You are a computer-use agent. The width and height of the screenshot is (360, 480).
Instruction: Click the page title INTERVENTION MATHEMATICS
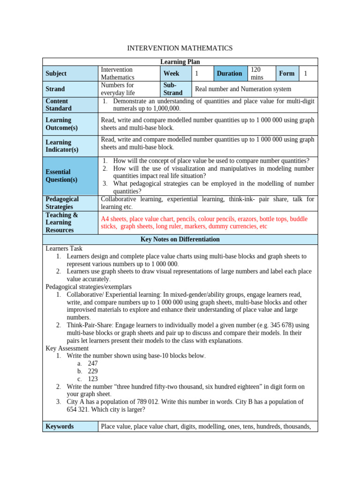pos(180,48)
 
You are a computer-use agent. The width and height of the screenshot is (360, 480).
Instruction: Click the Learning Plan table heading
pos(180,62)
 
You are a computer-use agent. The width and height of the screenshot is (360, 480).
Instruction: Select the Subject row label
pos(56,74)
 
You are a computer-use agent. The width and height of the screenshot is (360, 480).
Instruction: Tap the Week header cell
pos(172,74)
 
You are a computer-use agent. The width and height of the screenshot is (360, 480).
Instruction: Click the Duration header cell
pos(229,74)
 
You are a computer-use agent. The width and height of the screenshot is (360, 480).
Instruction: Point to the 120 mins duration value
pos(257,74)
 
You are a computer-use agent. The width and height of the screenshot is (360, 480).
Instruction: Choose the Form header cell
pos(286,74)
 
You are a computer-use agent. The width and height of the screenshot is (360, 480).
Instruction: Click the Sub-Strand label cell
pos(173,89)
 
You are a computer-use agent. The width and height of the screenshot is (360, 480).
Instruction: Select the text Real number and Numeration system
pos(243,89)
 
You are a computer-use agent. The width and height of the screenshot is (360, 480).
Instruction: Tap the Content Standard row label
pos(57,105)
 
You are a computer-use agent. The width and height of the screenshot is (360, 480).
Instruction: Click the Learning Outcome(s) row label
pos(62,124)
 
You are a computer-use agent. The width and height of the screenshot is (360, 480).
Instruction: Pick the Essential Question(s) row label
pos(62,176)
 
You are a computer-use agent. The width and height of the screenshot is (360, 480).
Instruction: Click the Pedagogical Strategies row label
pos(62,203)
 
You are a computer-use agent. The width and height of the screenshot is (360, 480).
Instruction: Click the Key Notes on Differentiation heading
pos(180,240)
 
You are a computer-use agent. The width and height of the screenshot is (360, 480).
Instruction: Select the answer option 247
pos(93,363)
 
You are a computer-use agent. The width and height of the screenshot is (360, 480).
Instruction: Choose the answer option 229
pos(93,371)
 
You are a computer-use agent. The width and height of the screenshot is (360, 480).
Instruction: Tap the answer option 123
pos(93,379)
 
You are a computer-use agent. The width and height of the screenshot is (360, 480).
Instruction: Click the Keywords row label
pos(60,427)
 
